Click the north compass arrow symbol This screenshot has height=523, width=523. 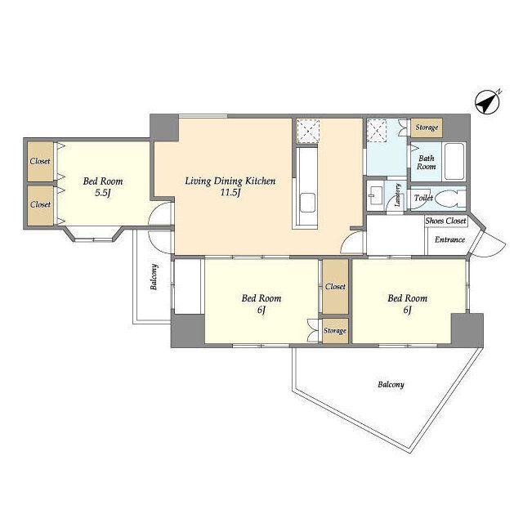pyautogui.click(x=487, y=101)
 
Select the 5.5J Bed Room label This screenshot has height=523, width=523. pyautogui.click(x=103, y=187)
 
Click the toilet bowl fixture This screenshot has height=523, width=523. pyautogui.click(x=449, y=199)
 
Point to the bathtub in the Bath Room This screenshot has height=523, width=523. pyautogui.click(x=454, y=162)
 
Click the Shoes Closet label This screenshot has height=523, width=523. pyautogui.click(x=445, y=221)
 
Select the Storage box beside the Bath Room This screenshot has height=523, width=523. pyautogui.click(x=427, y=127)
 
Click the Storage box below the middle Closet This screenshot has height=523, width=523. pyautogui.click(x=335, y=330)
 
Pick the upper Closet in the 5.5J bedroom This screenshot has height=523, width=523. pyautogui.click(x=40, y=162)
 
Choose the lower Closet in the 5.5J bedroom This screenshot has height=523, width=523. pyautogui.click(x=40, y=205)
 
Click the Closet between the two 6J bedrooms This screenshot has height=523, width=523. pyautogui.click(x=335, y=287)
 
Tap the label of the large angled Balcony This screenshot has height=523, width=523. pyautogui.click(x=391, y=385)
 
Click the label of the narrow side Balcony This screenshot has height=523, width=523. pyautogui.click(x=154, y=277)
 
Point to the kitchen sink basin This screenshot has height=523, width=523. pyautogui.click(x=307, y=203)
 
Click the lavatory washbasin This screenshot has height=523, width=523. pyautogui.click(x=375, y=195)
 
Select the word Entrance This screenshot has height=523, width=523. pyautogui.click(x=449, y=239)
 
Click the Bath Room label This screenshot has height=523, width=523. pyautogui.click(x=427, y=162)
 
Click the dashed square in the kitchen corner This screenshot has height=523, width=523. pyautogui.click(x=308, y=131)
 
